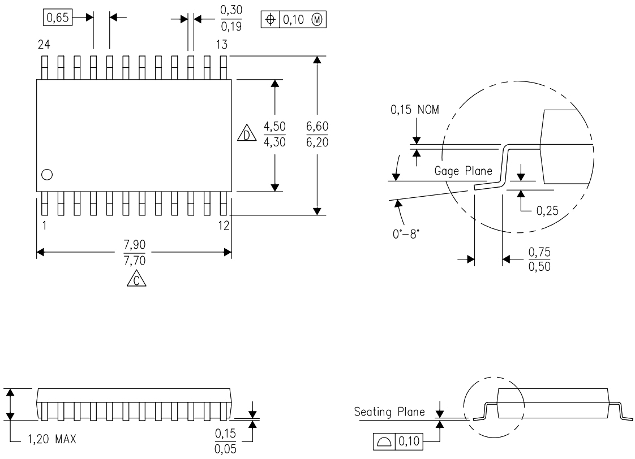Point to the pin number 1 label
[44, 225]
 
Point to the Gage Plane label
[463, 171]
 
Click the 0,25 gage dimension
[548, 211]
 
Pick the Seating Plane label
[389, 412]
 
